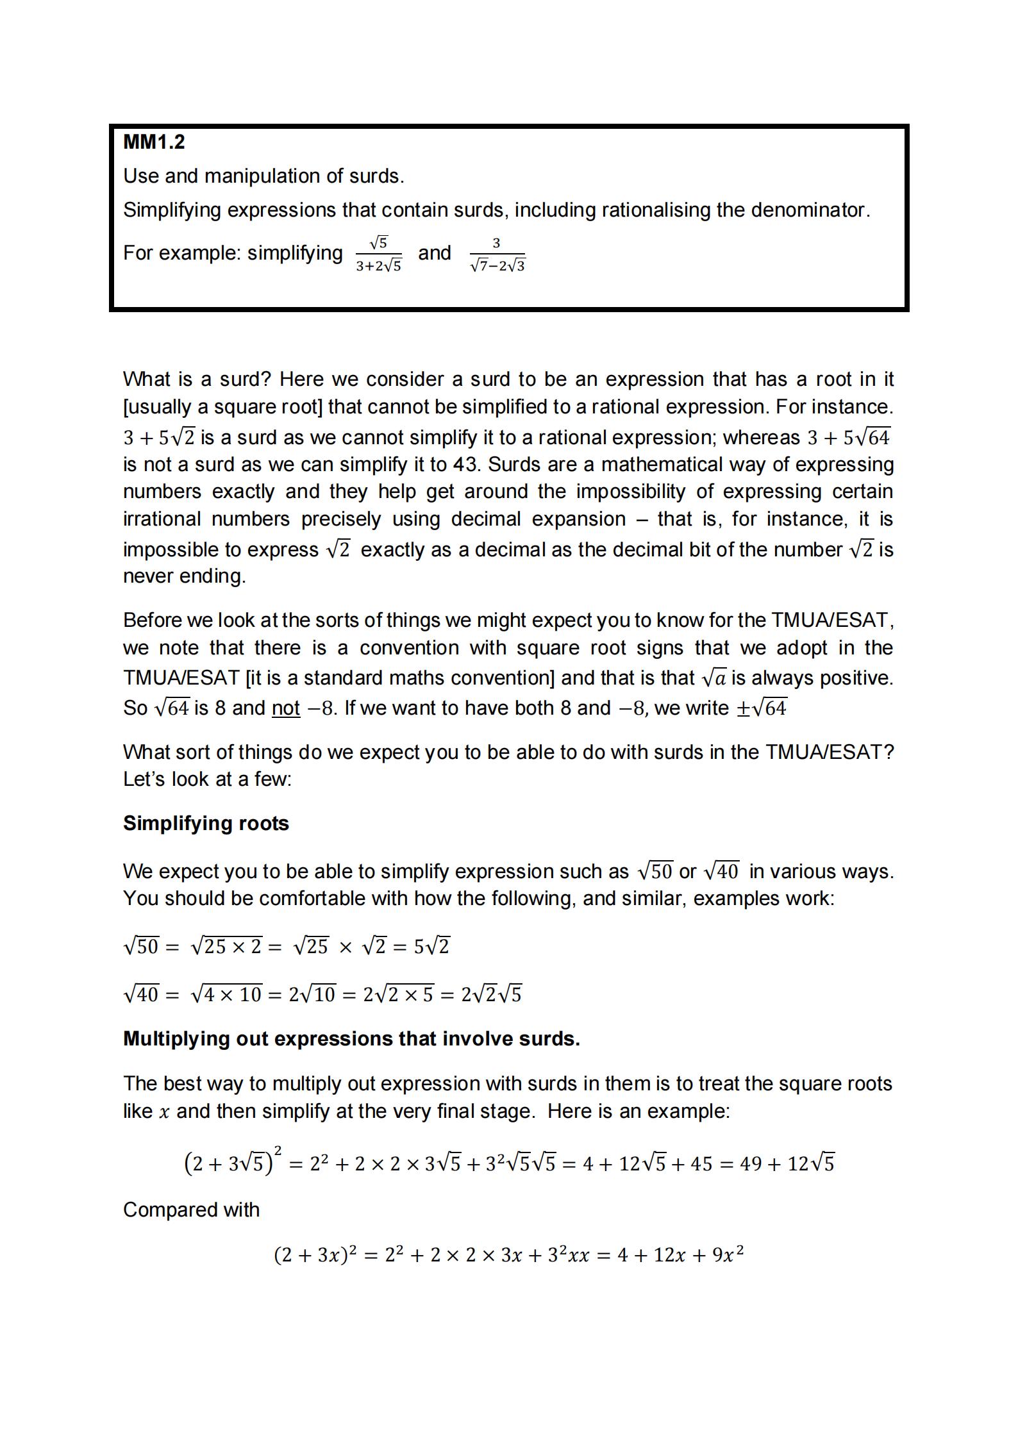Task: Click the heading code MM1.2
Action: click(x=154, y=142)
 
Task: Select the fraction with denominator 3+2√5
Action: click(x=378, y=254)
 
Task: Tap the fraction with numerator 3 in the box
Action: click(x=497, y=254)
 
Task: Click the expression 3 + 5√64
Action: click(x=848, y=437)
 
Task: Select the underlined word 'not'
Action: click(x=286, y=708)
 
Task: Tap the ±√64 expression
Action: click(x=761, y=708)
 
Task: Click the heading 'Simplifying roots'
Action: click(x=206, y=823)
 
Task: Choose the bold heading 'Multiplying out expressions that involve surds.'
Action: click(x=351, y=1039)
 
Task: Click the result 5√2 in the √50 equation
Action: click(x=432, y=946)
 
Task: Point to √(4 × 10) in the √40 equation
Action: click(x=226, y=994)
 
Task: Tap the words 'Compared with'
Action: click(x=191, y=1210)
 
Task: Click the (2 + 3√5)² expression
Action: click(x=233, y=1162)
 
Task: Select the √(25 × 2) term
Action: click(x=226, y=946)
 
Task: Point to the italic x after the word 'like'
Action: click(x=165, y=1111)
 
